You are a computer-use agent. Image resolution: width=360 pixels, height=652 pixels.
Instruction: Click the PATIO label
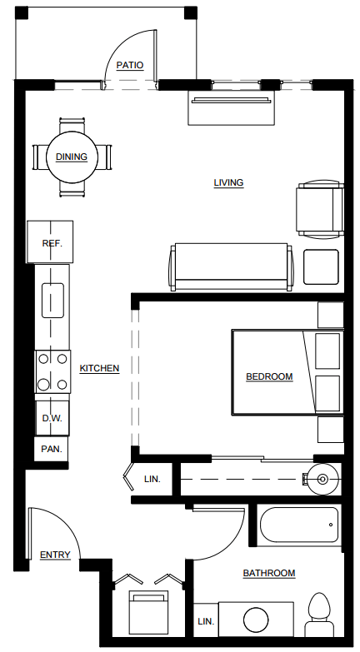(x=129, y=65)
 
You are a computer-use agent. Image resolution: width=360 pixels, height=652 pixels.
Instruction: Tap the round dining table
(x=72, y=157)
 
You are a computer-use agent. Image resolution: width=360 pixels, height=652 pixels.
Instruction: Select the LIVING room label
(x=228, y=182)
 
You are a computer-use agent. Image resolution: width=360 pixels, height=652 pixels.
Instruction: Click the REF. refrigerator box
(x=52, y=243)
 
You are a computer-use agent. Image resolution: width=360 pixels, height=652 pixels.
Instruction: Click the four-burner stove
(x=52, y=371)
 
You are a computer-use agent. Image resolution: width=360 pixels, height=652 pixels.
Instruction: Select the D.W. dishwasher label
(x=52, y=418)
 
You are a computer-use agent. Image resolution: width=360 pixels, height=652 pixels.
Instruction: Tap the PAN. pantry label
(x=52, y=450)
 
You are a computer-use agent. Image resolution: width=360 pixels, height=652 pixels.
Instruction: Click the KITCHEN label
(x=99, y=368)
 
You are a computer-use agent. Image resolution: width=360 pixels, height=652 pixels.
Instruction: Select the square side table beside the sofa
(x=321, y=267)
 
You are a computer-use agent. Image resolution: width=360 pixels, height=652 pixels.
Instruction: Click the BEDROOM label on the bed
(x=269, y=376)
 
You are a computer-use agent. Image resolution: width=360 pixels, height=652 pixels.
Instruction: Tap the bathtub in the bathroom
(x=299, y=526)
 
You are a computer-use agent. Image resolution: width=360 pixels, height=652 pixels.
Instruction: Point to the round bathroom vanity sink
(x=256, y=620)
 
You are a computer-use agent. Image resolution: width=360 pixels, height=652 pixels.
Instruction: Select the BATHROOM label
(x=268, y=573)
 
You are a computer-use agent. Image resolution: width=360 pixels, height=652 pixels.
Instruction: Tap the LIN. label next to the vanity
(x=205, y=621)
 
